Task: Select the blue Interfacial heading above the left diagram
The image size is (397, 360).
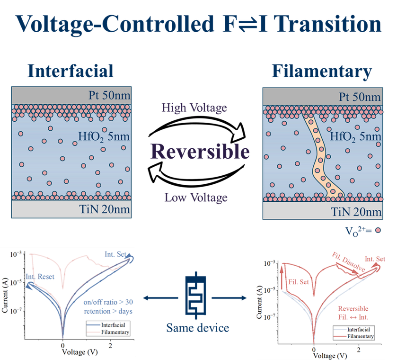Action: [71, 71]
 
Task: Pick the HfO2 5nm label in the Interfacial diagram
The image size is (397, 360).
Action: [104, 138]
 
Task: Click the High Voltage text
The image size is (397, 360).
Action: [194, 108]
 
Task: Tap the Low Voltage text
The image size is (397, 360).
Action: [196, 197]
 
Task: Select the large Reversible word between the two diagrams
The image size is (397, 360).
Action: [200, 152]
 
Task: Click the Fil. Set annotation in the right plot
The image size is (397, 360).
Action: [298, 282]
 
